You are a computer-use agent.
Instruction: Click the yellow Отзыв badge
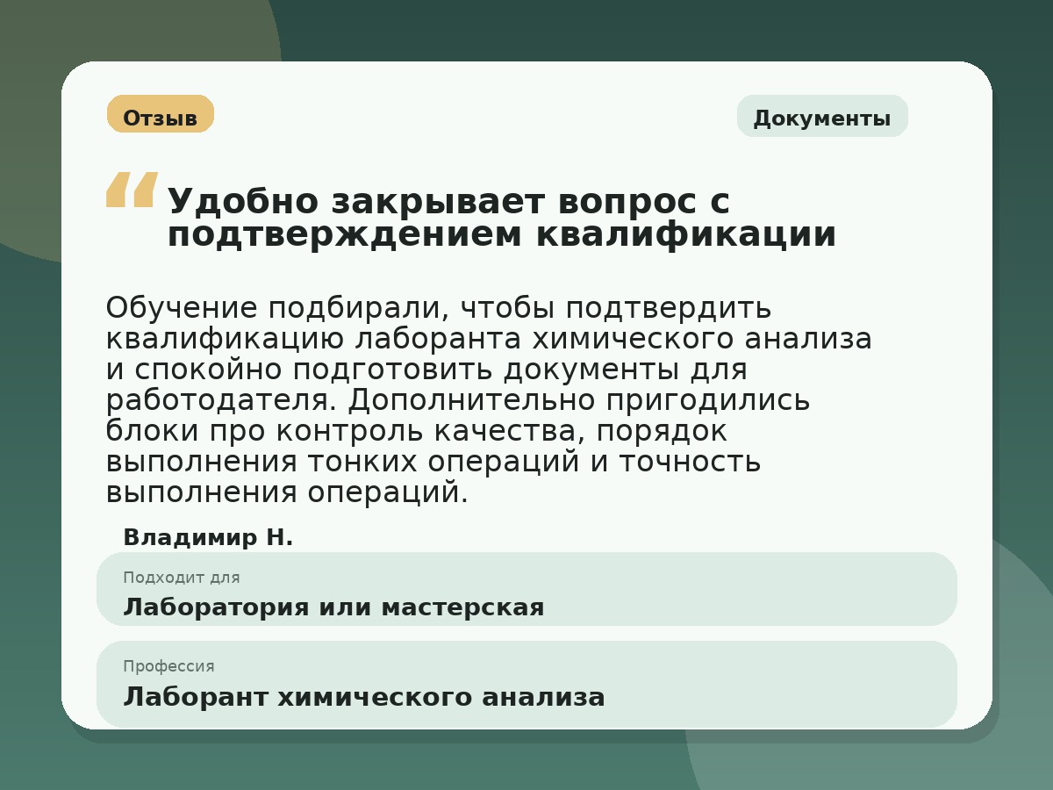[x=161, y=115]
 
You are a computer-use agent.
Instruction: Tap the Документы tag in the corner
[x=822, y=117]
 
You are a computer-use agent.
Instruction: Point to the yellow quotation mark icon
[x=132, y=190]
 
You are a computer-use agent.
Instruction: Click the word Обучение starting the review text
[x=182, y=308]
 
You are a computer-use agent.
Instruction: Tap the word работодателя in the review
[x=221, y=400]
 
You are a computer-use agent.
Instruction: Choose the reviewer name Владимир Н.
[x=208, y=538]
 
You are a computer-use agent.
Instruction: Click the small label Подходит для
[x=182, y=578]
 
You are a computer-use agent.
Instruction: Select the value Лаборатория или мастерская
[x=333, y=607]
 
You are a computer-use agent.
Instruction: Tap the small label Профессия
[x=168, y=666]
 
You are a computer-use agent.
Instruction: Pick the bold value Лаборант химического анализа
[x=364, y=698]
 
